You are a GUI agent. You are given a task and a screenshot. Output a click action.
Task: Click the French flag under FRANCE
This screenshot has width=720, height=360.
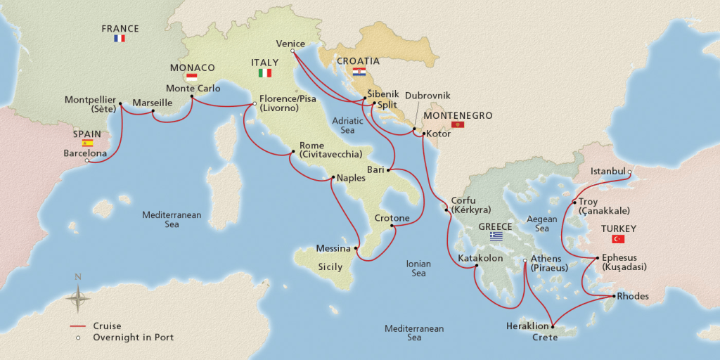[x=120, y=39]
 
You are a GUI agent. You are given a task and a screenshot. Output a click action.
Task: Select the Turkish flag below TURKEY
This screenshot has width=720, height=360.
[x=619, y=239]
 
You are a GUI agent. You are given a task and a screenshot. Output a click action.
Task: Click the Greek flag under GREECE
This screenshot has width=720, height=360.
[x=497, y=237]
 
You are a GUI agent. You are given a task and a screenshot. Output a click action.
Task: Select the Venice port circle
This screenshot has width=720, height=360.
[x=292, y=50]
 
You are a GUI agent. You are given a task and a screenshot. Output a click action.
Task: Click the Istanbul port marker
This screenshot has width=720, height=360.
[x=629, y=172]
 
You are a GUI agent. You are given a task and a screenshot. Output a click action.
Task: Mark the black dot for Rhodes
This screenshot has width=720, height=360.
[x=614, y=296]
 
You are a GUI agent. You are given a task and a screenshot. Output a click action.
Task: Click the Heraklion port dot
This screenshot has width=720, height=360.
[x=553, y=327]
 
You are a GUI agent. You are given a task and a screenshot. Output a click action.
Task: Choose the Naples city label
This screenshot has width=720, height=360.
[x=351, y=178]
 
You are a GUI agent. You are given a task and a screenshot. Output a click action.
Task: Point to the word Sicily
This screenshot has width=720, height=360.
[x=330, y=267]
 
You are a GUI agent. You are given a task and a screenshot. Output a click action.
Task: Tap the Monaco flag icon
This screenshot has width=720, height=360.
[x=191, y=77]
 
